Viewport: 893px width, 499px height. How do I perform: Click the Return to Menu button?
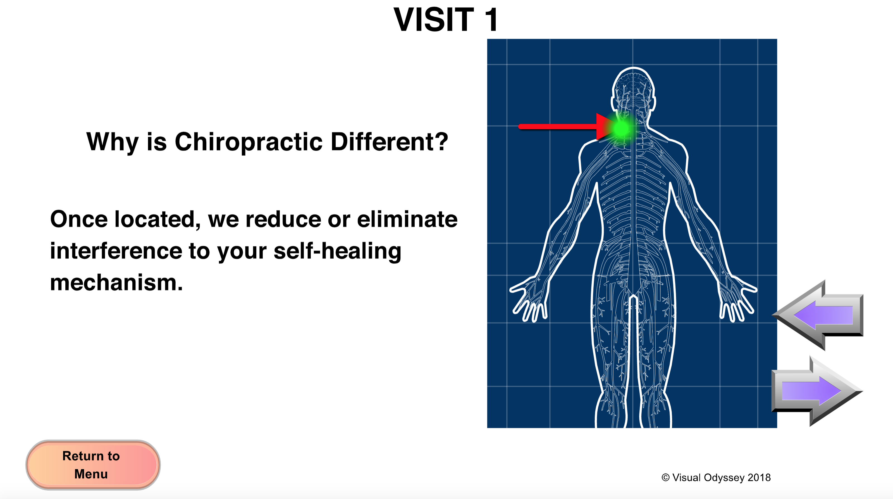(93, 465)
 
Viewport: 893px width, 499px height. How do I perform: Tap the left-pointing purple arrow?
(818, 315)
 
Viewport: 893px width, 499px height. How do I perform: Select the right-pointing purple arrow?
(817, 391)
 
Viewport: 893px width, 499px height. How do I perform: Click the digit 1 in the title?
(491, 20)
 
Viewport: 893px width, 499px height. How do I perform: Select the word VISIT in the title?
(433, 20)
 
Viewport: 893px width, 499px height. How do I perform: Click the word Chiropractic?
(249, 142)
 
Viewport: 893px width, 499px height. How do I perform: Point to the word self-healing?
(337, 251)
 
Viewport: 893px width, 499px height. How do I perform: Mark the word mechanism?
(116, 283)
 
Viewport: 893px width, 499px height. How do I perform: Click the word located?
(157, 220)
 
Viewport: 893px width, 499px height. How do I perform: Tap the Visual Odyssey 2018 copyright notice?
(716, 477)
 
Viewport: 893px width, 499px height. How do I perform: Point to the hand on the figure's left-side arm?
(529, 298)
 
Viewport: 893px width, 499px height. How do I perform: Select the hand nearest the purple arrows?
(738, 298)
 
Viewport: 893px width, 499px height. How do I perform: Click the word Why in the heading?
(112, 142)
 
